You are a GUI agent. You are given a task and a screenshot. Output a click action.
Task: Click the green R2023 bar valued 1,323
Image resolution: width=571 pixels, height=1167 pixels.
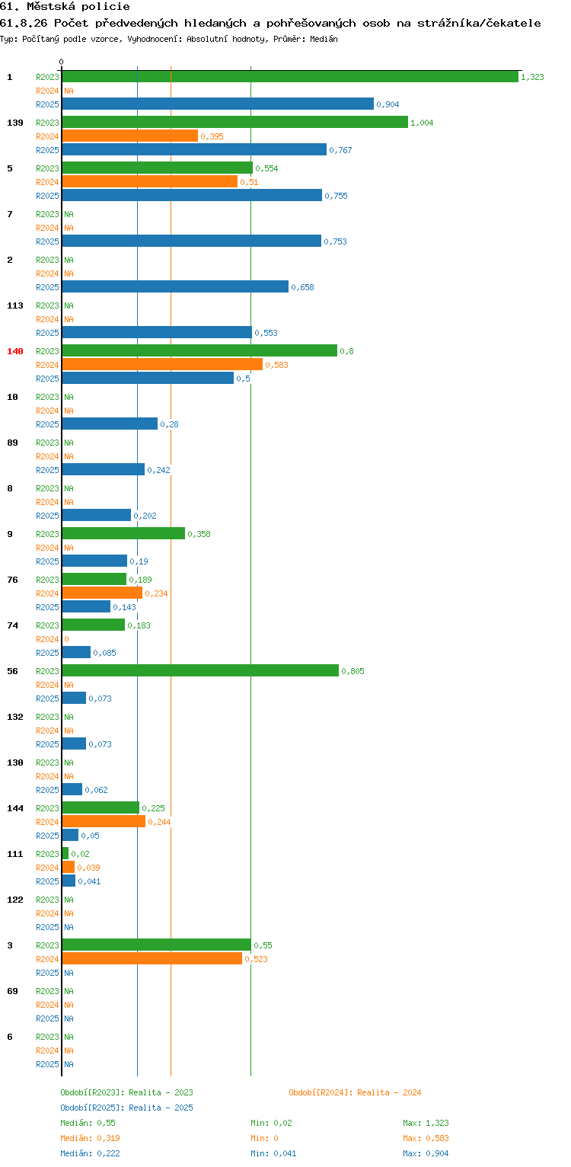pyautogui.click(x=290, y=77)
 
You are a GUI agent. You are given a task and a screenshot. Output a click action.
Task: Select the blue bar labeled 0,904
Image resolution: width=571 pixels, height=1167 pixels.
pyautogui.click(x=218, y=104)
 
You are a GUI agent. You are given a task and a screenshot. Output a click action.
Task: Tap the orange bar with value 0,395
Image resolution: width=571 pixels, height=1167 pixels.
pyautogui.click(x=129, y=136)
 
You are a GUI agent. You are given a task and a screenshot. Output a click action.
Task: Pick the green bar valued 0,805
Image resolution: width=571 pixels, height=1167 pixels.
pyautogui.click(x=200, y=670)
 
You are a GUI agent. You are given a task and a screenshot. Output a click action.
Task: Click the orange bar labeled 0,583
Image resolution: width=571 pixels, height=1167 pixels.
pyautogui.click(x=162, y=364)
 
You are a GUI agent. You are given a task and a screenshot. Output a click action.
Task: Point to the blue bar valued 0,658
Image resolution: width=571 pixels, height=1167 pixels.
pyautogui.click(x=175, y=286)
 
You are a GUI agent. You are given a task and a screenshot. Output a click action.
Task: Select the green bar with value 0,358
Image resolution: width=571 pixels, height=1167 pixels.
pyautogui.click(x=123, y=533)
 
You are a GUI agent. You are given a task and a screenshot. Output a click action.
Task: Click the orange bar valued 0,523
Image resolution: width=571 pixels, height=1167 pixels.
pyautogui.click(x=152, y=958)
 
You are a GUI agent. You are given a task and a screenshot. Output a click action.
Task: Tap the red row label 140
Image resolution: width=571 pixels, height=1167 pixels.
pyautogui.click(x=15, y=351)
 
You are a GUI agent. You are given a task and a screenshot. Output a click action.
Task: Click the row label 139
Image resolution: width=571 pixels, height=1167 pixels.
pyautogui.click(x=15, y=123)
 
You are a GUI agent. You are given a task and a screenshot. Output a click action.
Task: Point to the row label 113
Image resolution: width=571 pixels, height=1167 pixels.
pyautogui.click(x=15, y=305)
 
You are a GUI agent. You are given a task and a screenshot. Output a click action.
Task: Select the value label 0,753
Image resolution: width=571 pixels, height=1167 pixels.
pyautogui.click(x=335, y=241)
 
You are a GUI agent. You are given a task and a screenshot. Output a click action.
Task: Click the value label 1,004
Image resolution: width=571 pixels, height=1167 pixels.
pyautogui.click(x=422, y=123)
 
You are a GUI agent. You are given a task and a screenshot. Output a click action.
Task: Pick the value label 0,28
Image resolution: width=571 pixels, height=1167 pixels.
pyautogui.click(x=169, y=424)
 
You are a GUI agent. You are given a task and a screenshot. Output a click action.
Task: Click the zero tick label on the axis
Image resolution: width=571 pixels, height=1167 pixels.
pyautogui.click(x=62, y=62)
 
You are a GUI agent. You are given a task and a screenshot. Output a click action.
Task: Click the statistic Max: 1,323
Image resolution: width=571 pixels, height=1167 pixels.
pyautogui.click(x=426, y=1123)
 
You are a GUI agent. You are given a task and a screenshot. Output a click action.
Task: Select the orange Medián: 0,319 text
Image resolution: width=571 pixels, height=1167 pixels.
pyautogui.click(x=90, y=1138)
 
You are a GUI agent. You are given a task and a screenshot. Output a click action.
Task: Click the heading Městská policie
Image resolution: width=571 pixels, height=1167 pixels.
pyautogui.click(x=78, y=7)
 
